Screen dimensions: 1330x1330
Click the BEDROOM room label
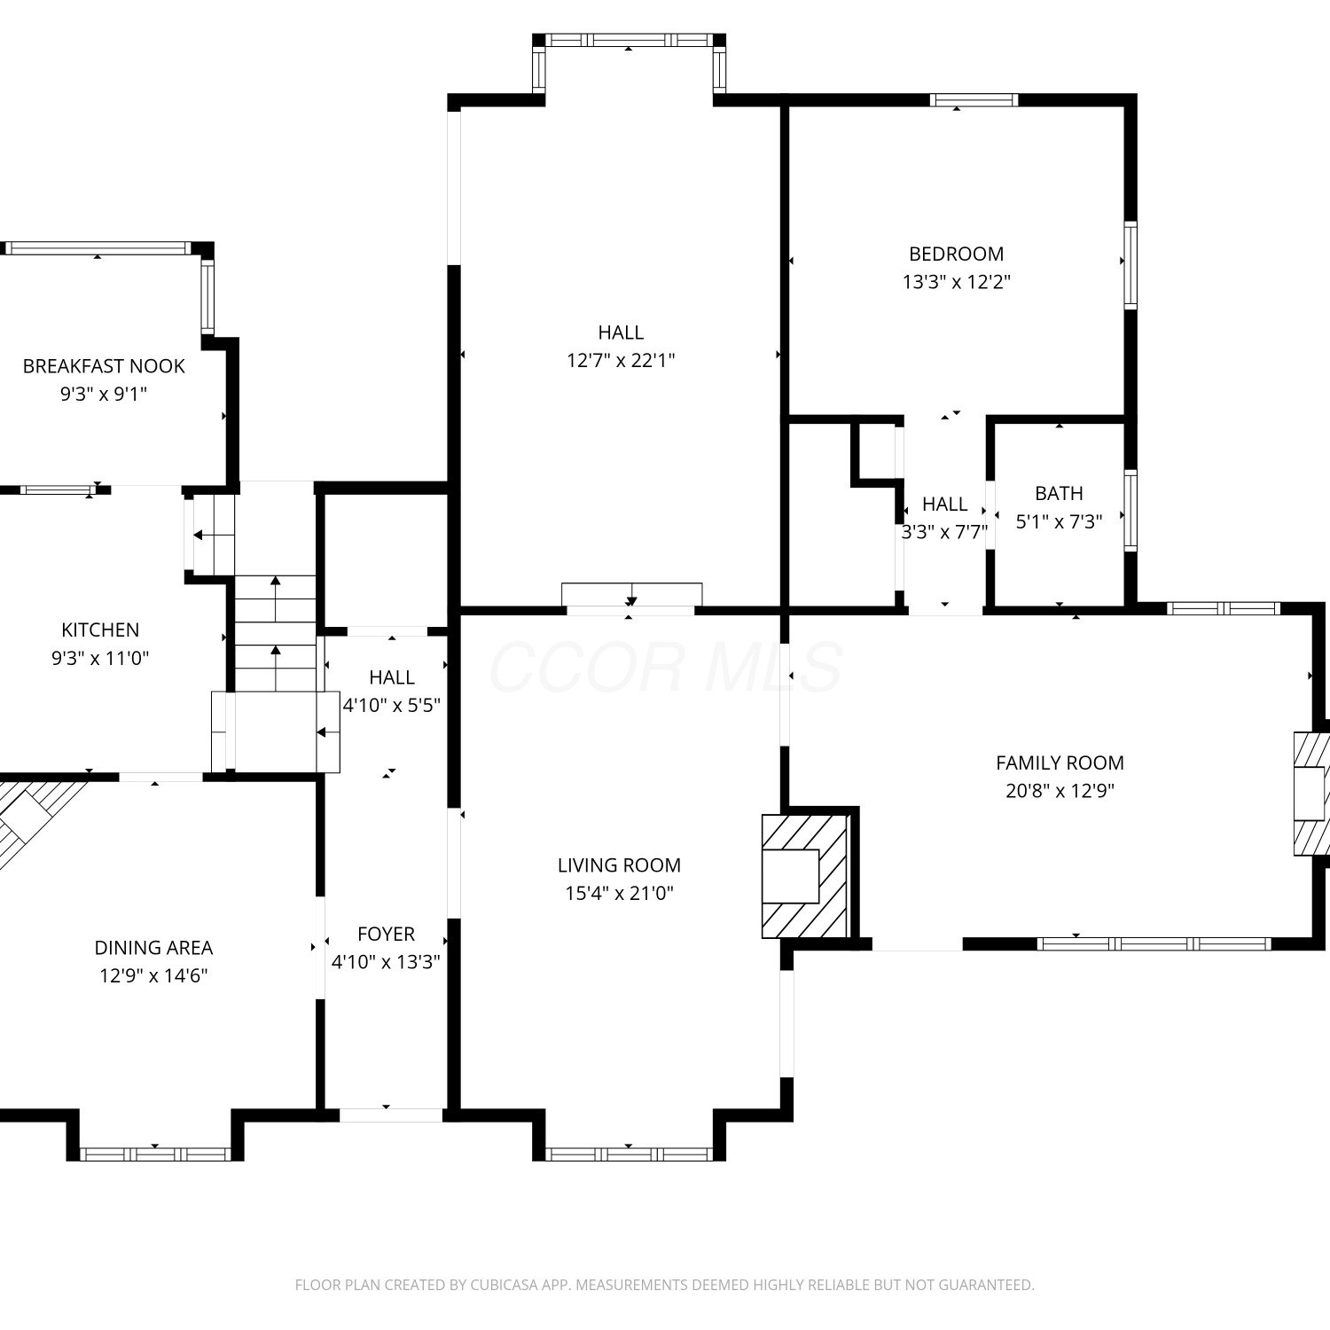956,254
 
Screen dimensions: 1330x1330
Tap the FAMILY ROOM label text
1060,763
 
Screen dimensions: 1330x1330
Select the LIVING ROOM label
619,865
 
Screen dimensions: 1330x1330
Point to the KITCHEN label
100,630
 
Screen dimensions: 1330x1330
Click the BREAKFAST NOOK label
104,366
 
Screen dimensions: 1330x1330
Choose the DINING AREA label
153,948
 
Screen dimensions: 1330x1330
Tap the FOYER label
386,935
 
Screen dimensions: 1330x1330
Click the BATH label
1059,494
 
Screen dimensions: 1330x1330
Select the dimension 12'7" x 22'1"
621,360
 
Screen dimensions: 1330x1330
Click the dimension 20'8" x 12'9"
1060,791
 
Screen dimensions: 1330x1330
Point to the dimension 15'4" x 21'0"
619,893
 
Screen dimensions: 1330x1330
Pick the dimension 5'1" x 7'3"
1059,521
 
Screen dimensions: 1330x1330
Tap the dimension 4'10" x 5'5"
391,706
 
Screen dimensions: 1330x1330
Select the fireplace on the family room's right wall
1310,794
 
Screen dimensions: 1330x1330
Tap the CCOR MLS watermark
665,667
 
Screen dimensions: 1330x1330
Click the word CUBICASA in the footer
504,1285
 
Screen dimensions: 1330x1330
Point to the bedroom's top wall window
974,99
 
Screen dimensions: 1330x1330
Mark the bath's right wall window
1130,510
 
